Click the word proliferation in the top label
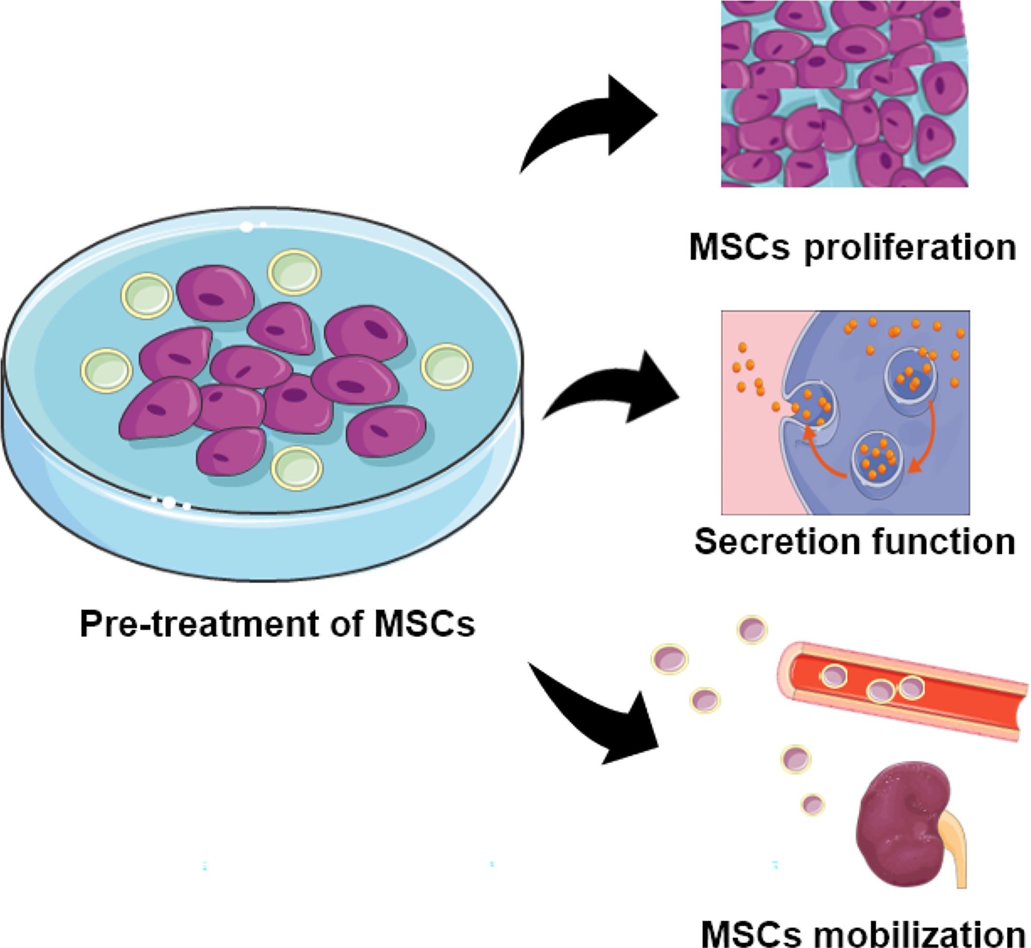pyautogui.click(x=910, y=249)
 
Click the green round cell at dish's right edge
pyautogui.click(x=447, y=366)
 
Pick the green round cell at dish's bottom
pyautogui.click(x=297, y=468)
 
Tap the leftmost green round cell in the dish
pyautogui.click(x=106, y=370)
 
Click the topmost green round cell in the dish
pyautogui.click(x=294, y=272)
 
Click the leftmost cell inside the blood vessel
pyautogui.click(x=834, y=677)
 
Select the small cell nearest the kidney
pyautogui.click(x=813, y=805)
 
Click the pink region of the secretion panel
pyautogui.click(x=749, y=462)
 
